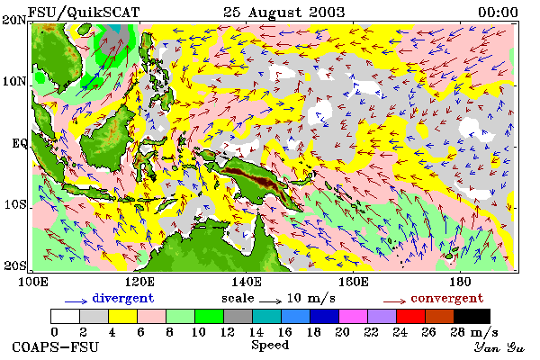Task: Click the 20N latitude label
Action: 14,20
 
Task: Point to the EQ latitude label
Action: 20,143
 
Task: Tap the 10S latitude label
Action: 15,204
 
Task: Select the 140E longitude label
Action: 246,282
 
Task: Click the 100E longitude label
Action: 32,282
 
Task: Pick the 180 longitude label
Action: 460,282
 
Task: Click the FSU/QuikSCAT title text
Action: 84,13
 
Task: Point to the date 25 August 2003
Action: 284,13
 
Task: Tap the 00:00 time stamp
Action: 498,13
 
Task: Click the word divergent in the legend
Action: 123,298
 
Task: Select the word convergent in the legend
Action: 447,298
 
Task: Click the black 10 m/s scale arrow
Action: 270,301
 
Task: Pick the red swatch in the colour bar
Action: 410,316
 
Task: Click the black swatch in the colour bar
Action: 472,316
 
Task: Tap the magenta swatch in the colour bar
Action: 354,316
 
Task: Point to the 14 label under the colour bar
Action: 256,332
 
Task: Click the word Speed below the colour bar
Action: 270,346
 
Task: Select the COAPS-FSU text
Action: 56,346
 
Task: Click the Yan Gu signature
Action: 499,347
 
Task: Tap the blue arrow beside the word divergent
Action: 76,301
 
